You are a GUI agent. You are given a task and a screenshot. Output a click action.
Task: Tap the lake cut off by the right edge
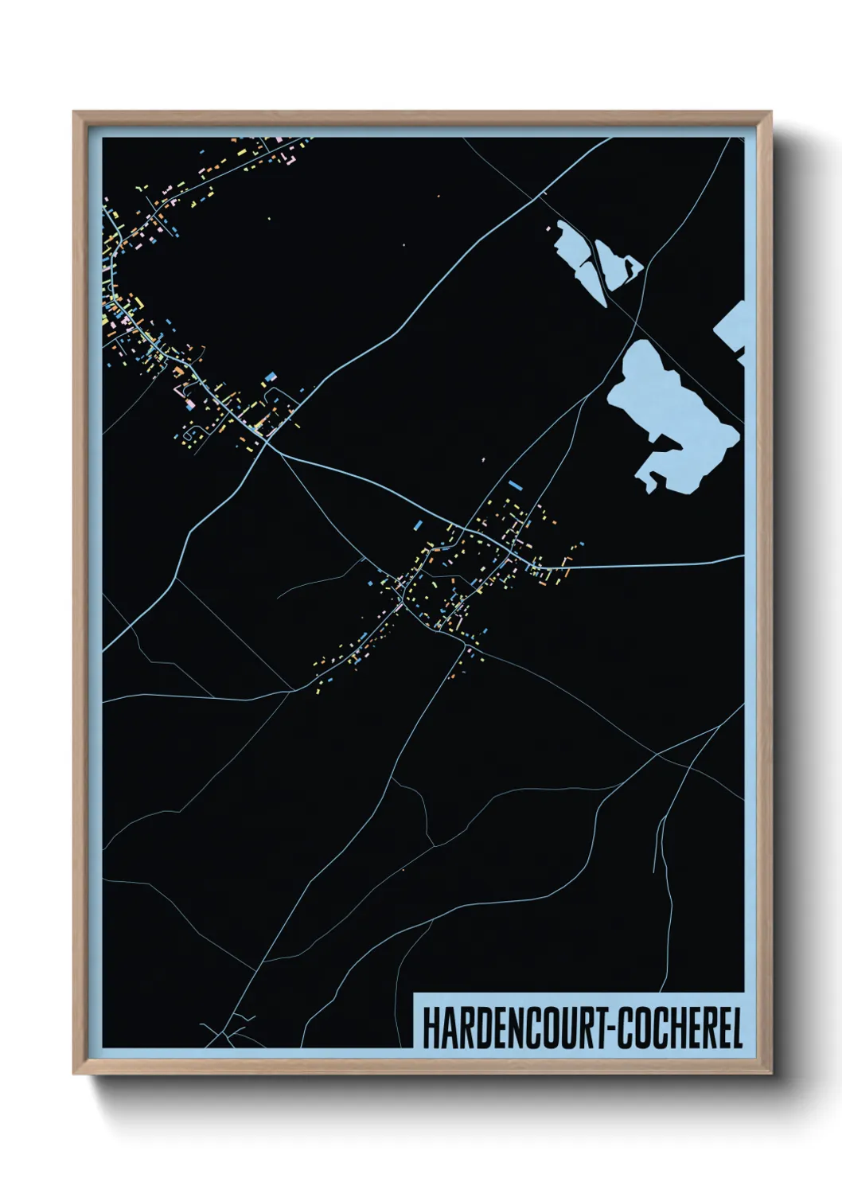coord(733,329)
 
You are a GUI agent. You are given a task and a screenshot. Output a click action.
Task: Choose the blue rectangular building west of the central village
coord(419,524)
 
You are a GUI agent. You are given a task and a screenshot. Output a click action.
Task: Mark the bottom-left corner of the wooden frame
coord(75,1073)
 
